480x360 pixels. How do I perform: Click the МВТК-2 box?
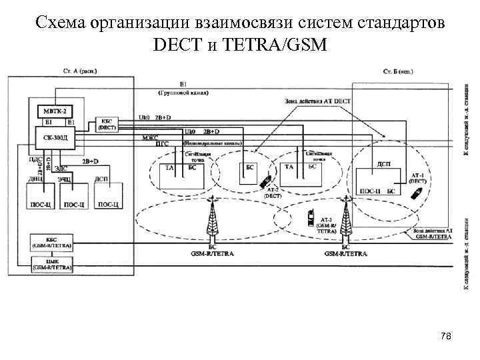tap(54, 111)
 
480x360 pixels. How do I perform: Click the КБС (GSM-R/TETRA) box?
tap(52, 243)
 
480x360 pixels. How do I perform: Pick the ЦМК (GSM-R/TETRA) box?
tap(52, 265)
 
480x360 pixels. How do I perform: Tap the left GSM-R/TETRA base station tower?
tap(213, 219)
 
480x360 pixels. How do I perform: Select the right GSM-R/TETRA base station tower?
tap(345, 219)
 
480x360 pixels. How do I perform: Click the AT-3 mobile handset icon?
tap(311, 216)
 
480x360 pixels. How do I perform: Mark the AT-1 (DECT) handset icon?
tap(417, 193)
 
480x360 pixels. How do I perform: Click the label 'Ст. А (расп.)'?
tap(79, 70)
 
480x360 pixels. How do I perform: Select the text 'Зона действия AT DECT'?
tap(307, 101)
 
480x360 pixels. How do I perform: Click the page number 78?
tap(446, 337)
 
